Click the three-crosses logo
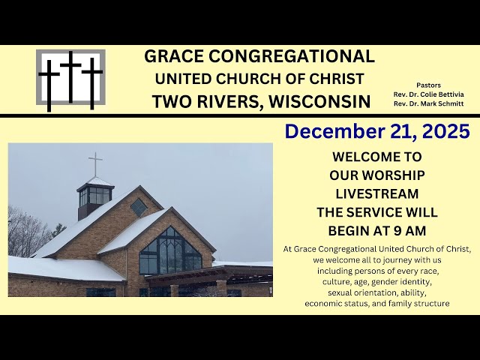tap(70, 77)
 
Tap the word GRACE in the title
tap(175, 56)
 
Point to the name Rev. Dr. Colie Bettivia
tap(428, 94)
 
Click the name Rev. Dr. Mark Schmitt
tap(428, 103)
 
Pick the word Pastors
tap(429, 85)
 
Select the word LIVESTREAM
tap(376, 193)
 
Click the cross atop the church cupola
tap(95, 164)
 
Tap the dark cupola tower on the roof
tap(95, 198)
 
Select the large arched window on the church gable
tap(169, 252)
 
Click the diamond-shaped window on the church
tap(139, 207)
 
